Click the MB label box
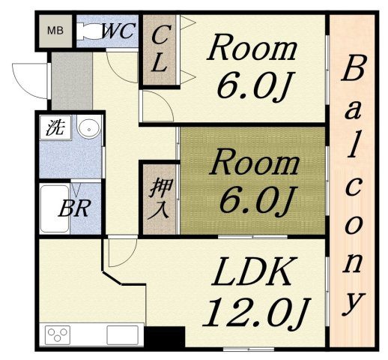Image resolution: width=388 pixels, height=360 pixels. coord(55,31)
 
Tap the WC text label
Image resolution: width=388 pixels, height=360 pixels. coord(119,31)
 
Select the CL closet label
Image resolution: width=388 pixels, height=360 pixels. coord(159,49)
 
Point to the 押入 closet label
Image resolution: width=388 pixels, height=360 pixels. coord(160,199)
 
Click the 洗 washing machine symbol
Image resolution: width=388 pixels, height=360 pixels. coord(55,127)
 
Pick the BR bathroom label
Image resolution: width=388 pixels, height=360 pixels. coord(74,208)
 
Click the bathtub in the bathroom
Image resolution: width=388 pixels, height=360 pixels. coord(55,209)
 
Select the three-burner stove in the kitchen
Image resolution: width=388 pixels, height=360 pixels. coord(58,335)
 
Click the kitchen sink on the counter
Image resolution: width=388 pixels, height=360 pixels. coord(122,335)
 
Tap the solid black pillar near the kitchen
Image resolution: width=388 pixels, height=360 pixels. coord(165,337)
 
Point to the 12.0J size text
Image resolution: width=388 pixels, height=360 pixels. coord(257,313)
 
